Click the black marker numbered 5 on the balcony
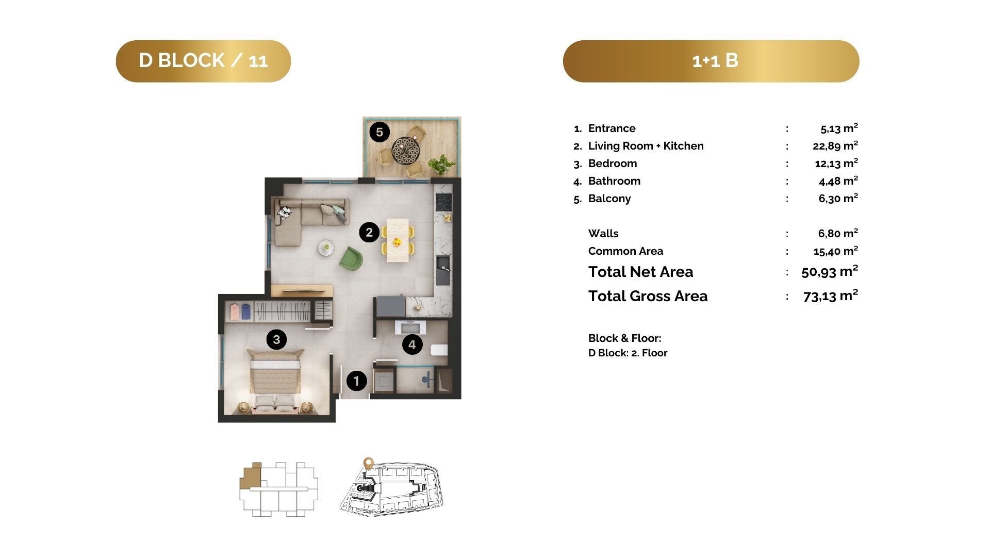tap(379, 132)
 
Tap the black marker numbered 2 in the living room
tap(369, 233)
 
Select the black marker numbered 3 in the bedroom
tap(277, 339)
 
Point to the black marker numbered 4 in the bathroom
tap(412, 345)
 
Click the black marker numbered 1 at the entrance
tap(356, 381)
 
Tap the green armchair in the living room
tap(351, 258)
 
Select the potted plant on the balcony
tap(441, 164)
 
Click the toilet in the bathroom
tap(439, 350)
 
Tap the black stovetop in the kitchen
tap(443, 202)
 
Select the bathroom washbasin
tap(410, 327)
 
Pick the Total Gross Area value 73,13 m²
tap(831, 296)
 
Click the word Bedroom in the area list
tap(613, 163)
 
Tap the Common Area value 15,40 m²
tap(836, 251)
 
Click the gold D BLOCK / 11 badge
tap(203, 61)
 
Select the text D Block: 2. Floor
tap(628, 353)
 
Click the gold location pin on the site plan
tap(368, 464)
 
